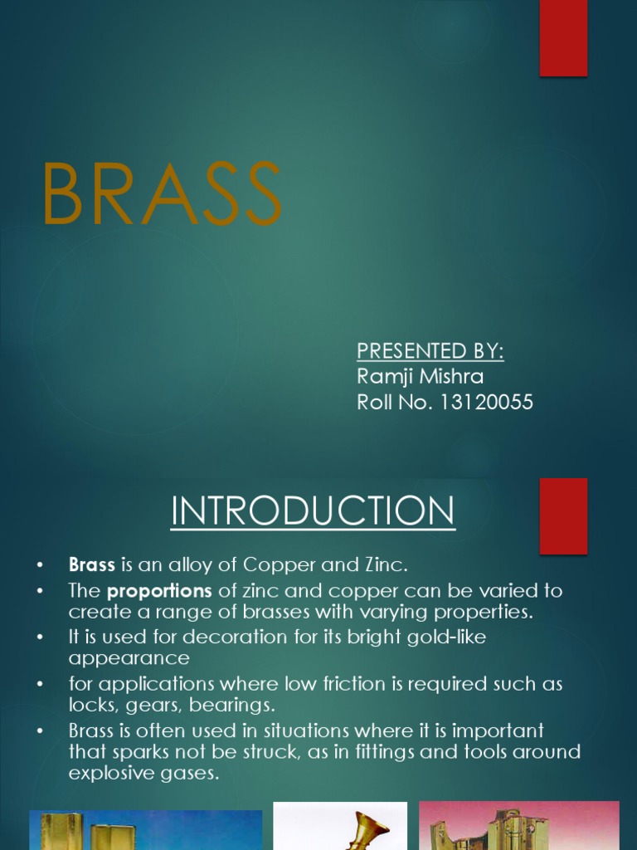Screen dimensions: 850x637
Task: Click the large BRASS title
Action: pyautogui.click(x=162, y=194)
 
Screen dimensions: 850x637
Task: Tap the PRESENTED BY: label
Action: pyautogui.click(x=430, y=351)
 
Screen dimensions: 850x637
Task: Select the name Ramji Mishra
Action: pyautogui.click(x=420, y=377)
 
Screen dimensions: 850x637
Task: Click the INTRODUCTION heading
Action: pyautogui.click(x=313, y=511)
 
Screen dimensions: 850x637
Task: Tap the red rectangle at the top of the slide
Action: pyautogui.click(x=563, y=38)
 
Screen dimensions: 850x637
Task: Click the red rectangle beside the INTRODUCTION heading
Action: pyautogui.click(x=563, y=515)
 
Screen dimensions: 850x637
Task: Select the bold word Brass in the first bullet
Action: pyautogui.click(x=91, y=565)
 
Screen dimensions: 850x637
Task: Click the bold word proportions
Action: pyautogui.click(x=160, y=591)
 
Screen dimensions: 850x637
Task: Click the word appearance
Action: pyautogui.click(x=129, y=658)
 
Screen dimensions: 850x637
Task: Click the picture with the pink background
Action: pyautogui.click(x=518, y=825)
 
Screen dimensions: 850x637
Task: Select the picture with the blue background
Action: pyautogui.click(x=145, y=830)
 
